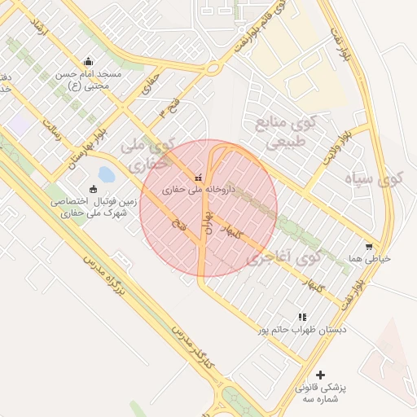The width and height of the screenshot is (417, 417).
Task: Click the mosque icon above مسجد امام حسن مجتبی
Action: [88, 62]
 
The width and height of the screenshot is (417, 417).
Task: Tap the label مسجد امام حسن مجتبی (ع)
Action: [88, 79]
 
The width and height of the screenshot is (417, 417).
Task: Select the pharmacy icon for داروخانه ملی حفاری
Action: [197, 178]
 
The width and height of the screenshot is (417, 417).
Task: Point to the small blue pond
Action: [107, 174]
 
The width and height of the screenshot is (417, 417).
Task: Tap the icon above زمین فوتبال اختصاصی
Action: [93, 189]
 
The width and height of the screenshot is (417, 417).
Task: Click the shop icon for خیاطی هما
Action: [369, 247]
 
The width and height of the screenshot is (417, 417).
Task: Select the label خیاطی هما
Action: [369, 258]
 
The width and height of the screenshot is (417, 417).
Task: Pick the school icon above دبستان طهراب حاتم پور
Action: [302, 317]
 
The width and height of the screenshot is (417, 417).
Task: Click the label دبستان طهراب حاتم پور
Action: [302, 330]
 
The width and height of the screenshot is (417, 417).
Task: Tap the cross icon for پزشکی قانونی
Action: [320, 375]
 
